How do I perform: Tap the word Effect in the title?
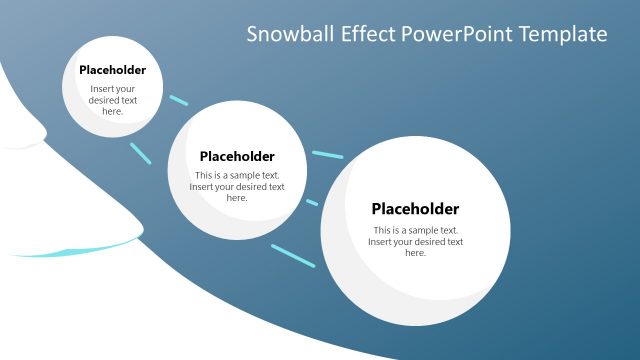[x=367, y=34]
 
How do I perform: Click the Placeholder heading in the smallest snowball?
[x=112, y=70]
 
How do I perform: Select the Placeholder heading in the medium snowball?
[x=237, y=156]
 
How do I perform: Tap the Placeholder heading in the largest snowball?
[x=415, y=209]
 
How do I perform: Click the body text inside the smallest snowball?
[x=112, y=100]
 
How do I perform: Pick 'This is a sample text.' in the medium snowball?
[x=237, y=175]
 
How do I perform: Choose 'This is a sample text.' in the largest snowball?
[x=415, y=230]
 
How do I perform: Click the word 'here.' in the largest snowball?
[x=415, y=253]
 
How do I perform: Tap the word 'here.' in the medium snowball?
[x=237, y=198]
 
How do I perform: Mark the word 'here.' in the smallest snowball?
[x=112, y=111]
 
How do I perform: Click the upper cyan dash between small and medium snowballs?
[x=178, y=100]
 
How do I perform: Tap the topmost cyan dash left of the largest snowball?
[x=327, y=155]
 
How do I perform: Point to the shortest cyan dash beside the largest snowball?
[x=312, y=202]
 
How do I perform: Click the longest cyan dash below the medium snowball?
[x=292, y=255]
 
